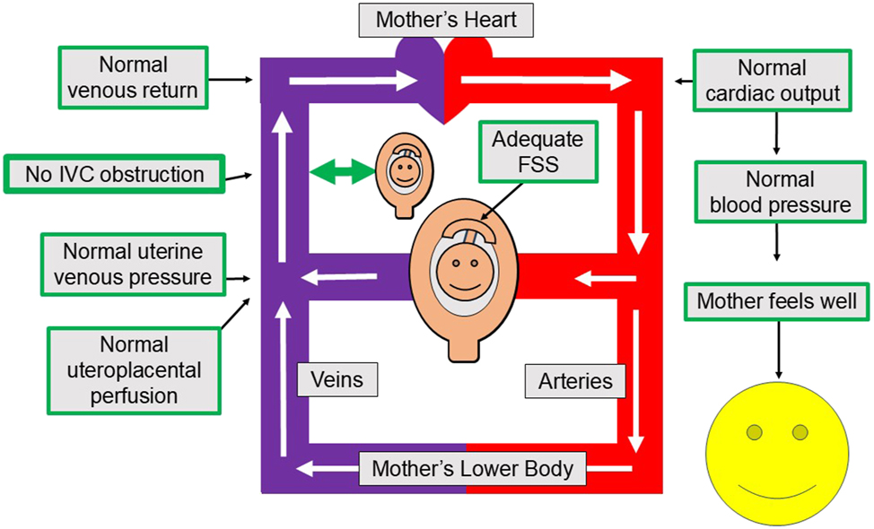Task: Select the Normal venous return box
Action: [x=134, y=78]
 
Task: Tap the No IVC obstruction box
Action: [x=114, y=173]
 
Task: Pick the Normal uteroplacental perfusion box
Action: [x=133, y=369]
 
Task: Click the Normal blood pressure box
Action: [x=780, y=191]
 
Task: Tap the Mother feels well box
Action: [x=777, y=301]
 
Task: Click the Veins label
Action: [x=337, y=379]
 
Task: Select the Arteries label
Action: [x=575, y=380]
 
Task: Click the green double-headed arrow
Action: [x=341, y=171]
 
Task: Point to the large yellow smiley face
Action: [x=776, y=457]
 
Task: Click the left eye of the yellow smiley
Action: [x=755, y=434]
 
